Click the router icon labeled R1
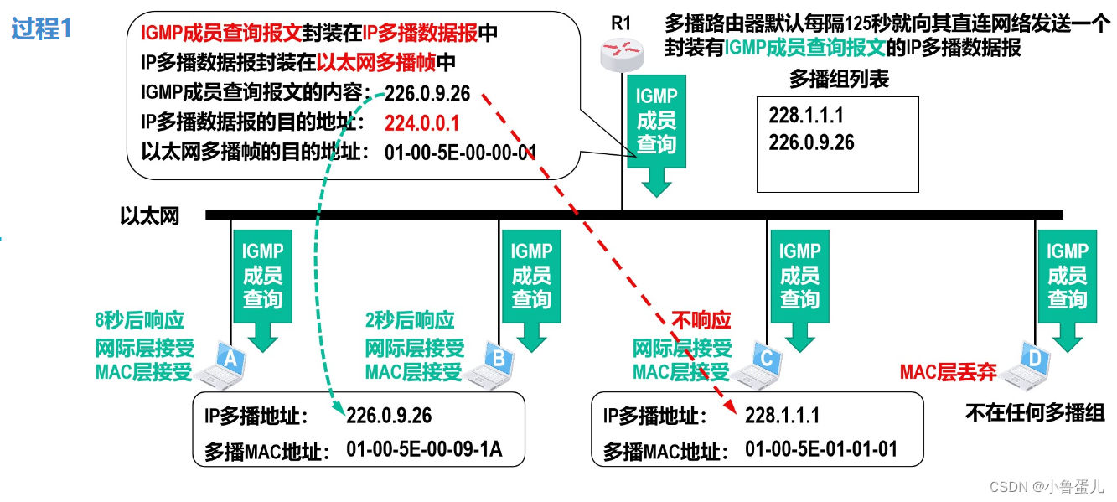coord(621,54)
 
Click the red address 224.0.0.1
coord(422,123)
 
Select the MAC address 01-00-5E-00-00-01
coord(460,152)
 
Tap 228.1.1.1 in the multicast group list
coord(806,116)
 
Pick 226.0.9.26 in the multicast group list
coord(811,142)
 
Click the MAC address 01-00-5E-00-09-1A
coord(424,449)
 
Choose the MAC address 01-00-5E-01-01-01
coord(821,449)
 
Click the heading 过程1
coord(42,29)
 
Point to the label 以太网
coord(150,216)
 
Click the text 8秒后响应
coord(140,319)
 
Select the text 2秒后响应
coord(410,319)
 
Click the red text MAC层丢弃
coord(948,372)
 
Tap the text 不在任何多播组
coord(1035,412)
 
